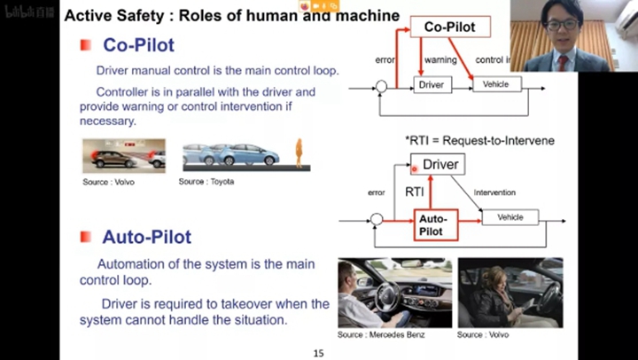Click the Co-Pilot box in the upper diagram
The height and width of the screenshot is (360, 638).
click(449, 27)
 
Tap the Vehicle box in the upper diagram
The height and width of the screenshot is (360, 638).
click(496, 84)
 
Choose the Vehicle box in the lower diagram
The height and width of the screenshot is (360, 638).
click(510, 217)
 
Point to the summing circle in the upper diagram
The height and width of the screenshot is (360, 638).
click(381, 87)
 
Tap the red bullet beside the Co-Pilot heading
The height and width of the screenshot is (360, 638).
click(85, 44)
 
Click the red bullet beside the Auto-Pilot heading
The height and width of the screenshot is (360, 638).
click(85, 237)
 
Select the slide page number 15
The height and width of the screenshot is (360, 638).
click(319, 354)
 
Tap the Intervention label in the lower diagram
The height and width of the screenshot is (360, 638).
click(495, 192)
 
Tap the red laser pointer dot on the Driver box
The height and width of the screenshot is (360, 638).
click(415, 167)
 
